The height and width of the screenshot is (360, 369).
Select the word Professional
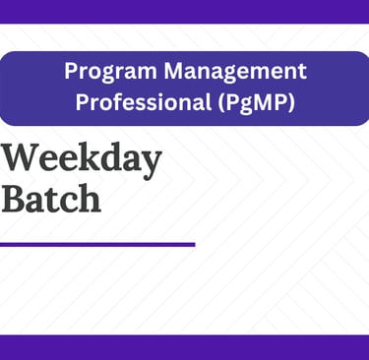click(x=144, y=102)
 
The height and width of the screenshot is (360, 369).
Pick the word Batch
click(x=51, y=198)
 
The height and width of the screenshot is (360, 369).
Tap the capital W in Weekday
click(x=21, y=159)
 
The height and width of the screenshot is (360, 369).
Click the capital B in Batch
click(x=14, y=199)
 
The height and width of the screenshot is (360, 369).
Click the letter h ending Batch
click(x=89, y=198)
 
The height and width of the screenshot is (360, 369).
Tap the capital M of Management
click(x=175, y=71)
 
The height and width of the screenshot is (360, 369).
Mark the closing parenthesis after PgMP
click(x=290, y=103)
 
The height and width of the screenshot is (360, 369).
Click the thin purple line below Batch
click(x=97, y=245)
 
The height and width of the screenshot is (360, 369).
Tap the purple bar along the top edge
click(x=184, y=12)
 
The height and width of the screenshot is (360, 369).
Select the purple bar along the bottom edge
click(x=184, y=347)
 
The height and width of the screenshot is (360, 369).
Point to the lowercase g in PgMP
click(x=242, y=105)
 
